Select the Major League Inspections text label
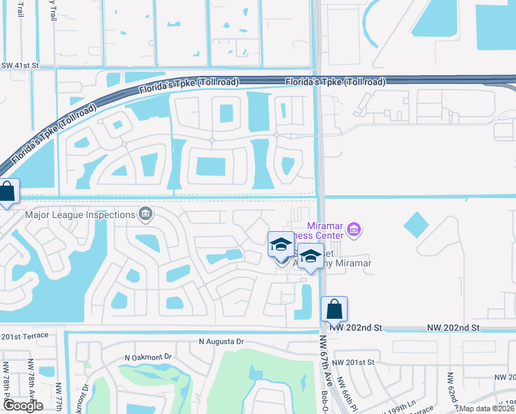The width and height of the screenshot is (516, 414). pyautogui.click(x=79, y=214)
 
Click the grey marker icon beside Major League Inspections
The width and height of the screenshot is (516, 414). pyautogui.click(x=145, y=214)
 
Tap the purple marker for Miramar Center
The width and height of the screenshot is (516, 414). pyautogui.click(x=354, y=229)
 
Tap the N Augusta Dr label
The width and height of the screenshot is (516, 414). pyautogui.click(x=221, y=342)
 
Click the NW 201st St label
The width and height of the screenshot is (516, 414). pyautogui.click(x=352, y=362)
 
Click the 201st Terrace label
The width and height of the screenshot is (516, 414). pyautogui.click(x=25, y=335)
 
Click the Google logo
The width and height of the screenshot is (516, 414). pyautogui.click(x=22, y=406)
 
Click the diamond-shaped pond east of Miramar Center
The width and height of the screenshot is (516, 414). pyautogui.click(x=416, y=224)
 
